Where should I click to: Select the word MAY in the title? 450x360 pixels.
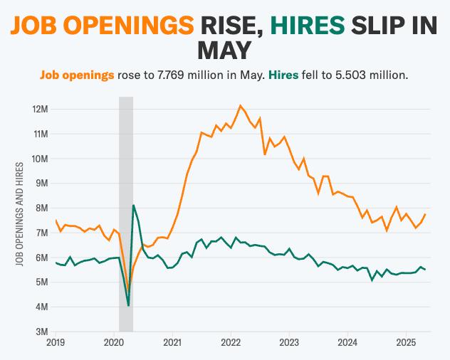coord(224,50)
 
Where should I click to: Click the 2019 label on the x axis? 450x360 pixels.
coord(56,343)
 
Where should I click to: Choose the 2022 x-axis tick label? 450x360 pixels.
coord(231,343)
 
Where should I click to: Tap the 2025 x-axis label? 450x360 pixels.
coord(405,343)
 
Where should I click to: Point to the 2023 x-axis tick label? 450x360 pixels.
coord(289,343)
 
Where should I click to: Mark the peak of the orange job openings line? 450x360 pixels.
coord(240,105)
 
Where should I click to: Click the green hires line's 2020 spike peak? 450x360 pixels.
coord(133,205)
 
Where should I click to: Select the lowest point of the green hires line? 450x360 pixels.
coord(128,305)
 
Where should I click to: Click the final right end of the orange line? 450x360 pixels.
coord(425,214)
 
